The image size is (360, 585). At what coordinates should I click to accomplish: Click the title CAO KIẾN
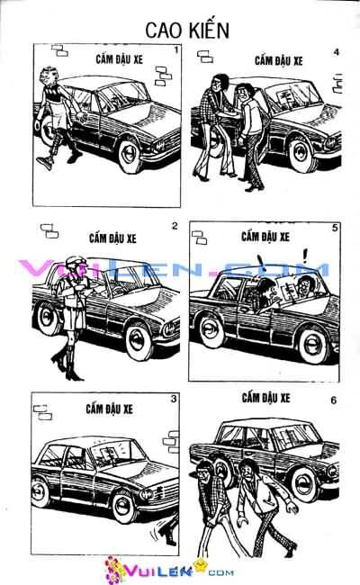[x=187, y=30]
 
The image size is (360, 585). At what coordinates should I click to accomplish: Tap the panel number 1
[x=176, y=50]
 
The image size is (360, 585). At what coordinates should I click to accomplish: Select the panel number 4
[x=336, y=52]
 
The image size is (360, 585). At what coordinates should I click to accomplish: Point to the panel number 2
[x=175, y=226]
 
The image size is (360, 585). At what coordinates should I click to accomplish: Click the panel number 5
[x=335, y=227]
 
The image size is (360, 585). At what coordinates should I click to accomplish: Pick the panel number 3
[x=174, y=399]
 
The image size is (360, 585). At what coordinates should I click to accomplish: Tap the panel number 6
[x=334, y=400]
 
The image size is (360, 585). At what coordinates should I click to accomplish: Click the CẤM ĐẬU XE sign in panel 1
[x=119, y=58]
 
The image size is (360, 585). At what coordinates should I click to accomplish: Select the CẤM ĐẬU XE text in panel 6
[x=265, y=398]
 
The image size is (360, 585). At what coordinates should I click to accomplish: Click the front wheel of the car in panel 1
[x=130, y=154]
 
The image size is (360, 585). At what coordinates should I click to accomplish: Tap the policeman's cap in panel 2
[x=76, y=260]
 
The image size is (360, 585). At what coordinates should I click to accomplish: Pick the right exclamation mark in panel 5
[x=306, y=256]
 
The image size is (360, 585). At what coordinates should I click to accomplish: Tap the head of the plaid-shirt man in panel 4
[x=218, y=83]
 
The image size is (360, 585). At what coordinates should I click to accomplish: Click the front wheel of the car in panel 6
[x=304, y=484]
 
